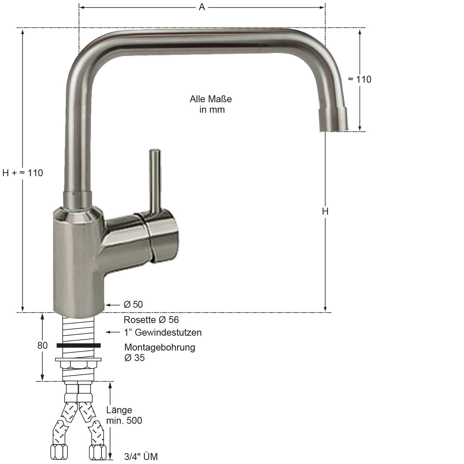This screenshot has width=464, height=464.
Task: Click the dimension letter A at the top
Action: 202,7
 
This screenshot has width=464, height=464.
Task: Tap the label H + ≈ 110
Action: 22,173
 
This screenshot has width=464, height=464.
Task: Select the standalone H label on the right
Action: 325,211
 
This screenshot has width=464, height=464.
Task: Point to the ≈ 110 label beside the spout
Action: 360,79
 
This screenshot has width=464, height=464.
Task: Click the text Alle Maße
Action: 211,99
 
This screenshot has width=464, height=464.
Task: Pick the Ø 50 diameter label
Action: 133,304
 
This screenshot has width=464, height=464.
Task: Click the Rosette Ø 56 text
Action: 151,319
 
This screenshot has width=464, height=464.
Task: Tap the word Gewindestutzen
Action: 168,332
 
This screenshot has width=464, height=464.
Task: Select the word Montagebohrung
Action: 159,347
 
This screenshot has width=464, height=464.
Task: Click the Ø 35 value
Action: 134,358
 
